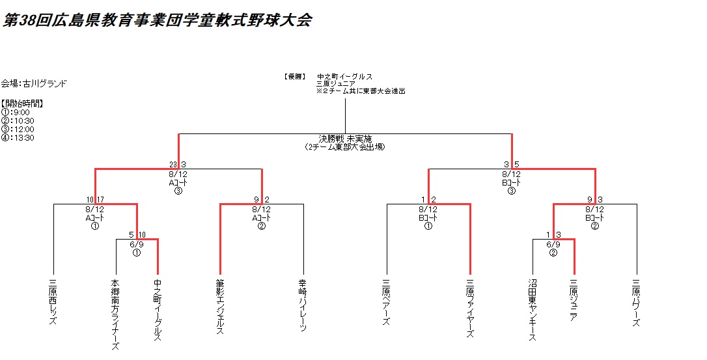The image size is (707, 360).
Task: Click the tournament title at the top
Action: pyautogui.click(x=157, y=20)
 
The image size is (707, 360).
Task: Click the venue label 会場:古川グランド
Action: pyautogui.click(x=34, y=83)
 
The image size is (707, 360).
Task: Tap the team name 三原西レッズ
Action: pyautogui.click(x=53, y=303)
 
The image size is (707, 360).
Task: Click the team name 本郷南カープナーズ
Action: pyautogui.click(x=116, y=314)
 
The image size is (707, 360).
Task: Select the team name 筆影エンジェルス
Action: pyautogui.click(x=220, y=307)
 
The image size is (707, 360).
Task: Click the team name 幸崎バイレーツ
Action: pyautogui.click(x=303, y=305)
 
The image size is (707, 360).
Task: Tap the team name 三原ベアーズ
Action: pyautogui.click(x=387, y=303)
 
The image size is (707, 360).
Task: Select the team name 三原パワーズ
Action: pyautogui.click(x=636, y=303)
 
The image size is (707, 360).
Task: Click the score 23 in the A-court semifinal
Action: pyautogui.click(x=173, y=165)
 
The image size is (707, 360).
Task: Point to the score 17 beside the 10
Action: pyautogui.click(x=102, y=199)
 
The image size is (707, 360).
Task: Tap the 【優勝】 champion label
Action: pyautogui.click(x=295, y=76)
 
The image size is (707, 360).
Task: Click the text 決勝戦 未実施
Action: pyautogui.click(x=344, y=139)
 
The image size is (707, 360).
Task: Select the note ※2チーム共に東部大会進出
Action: pyautogui.click(x=361, y=91)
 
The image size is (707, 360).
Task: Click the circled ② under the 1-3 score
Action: pyautogui.click(x=553, y=253)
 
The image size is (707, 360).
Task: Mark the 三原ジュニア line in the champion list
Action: pyautogui.click(x=335, y=84)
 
